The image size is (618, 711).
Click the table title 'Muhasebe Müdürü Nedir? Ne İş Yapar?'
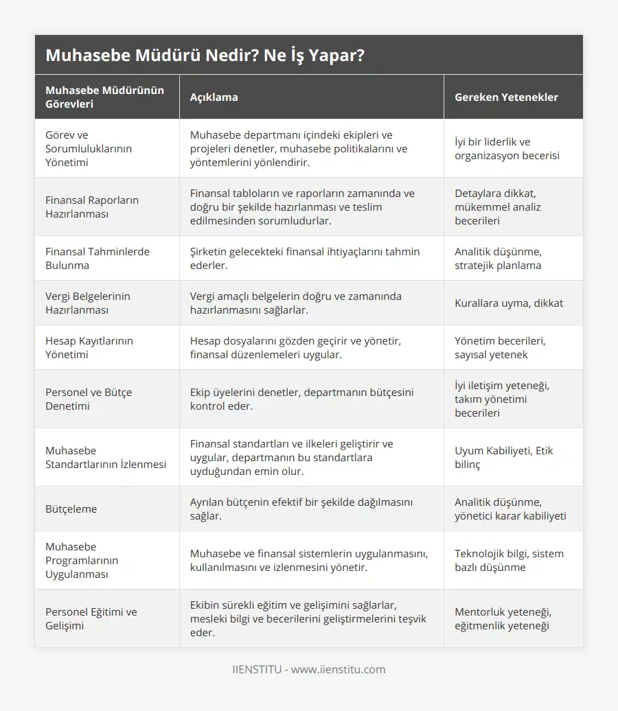(205, 56)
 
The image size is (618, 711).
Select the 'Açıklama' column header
(214, 97)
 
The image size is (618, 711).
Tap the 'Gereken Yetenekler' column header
(506, 97)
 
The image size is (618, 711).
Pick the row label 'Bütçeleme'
(71, 509)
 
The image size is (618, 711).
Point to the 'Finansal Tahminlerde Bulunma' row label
(97, 258)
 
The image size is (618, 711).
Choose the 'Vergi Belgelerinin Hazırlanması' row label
(87, 303)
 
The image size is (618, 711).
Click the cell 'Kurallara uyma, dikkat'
(509, 303)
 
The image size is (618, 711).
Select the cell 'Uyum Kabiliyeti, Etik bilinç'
(503, 457)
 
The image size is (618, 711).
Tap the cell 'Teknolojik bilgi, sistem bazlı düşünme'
(509, 560)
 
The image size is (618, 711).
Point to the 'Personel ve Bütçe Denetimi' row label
(89, 399)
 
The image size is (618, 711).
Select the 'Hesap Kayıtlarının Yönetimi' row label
(89, 347)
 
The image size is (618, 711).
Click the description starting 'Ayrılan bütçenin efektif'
(301, 509)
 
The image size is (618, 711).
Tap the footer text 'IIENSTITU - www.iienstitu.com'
(309, 669)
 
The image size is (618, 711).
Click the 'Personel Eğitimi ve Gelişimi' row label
(91, 618)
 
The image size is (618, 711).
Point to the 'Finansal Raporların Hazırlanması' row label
(92, 207)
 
